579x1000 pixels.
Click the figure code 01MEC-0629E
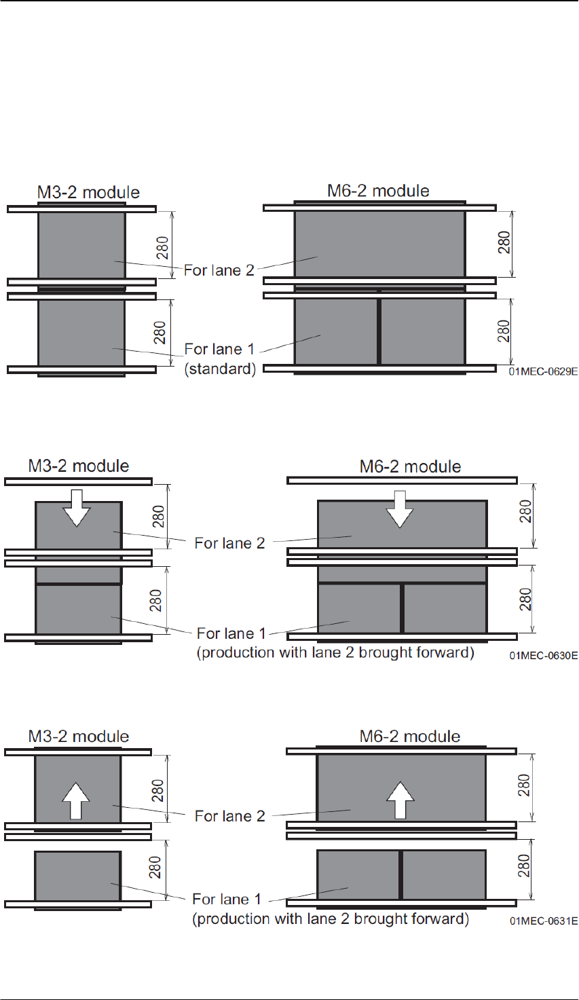543,371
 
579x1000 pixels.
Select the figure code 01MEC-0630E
544,655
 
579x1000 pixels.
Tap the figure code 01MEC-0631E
544,921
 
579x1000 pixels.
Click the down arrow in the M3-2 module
77,508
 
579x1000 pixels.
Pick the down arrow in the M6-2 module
400,509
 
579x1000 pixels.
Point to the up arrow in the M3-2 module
76,801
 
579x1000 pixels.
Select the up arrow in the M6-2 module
400,800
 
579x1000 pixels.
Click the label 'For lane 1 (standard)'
220,359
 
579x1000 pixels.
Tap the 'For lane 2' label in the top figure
219,270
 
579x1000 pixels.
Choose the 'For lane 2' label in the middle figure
229,543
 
